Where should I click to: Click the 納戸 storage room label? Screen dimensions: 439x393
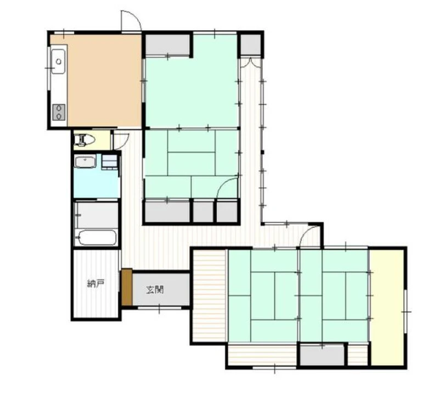[x=95, y=284]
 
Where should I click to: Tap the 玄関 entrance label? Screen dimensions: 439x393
[x=155, y=290]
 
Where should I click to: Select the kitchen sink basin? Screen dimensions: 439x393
[x=58, y=61]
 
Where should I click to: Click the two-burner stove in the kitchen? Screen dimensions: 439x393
[x=59, y=113]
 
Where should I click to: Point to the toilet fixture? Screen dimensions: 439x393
[x=84, y=139]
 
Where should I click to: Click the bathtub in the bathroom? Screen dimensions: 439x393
[x=97, y=238]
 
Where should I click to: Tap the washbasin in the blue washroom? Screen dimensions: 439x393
[x=85, y=161]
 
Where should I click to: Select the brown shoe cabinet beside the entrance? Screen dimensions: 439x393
[x=127, y=287]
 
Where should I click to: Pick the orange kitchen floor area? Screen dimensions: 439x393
[x=104, y=81]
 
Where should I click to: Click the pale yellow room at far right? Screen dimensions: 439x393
[x=387, y=307]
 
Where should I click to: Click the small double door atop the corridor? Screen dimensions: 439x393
[x=250, y=63]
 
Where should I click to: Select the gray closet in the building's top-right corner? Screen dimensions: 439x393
[x=250, y=45]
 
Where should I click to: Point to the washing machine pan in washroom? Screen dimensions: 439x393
[x=109, y=161]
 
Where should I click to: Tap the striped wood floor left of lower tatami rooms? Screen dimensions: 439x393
[x=210, y=295]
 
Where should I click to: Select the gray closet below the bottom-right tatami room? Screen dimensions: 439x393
[x=322, y=355]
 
